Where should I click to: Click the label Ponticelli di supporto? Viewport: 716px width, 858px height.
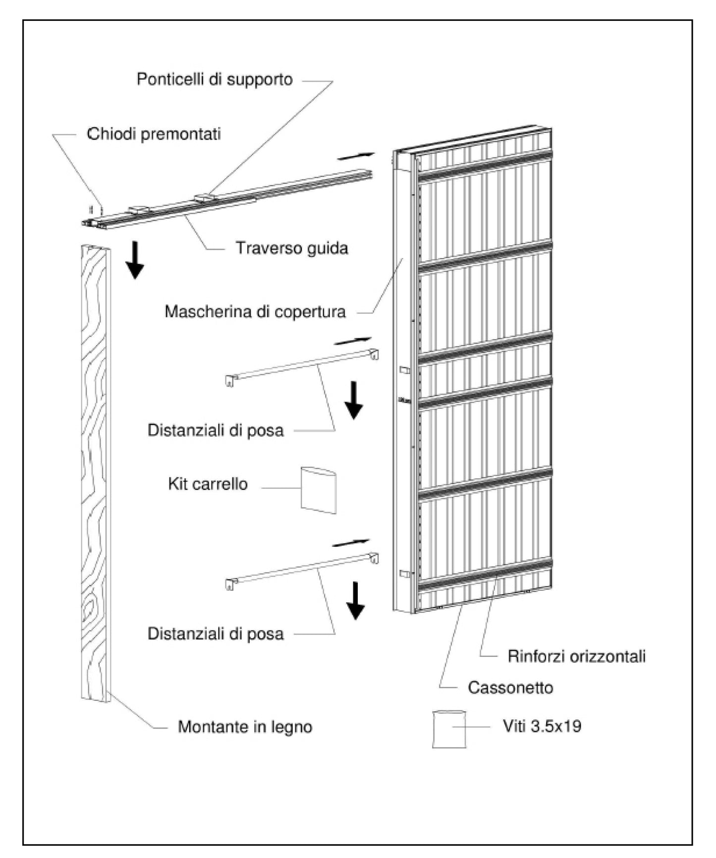click(215, 79)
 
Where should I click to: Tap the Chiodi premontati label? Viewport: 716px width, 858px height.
click(154, 134)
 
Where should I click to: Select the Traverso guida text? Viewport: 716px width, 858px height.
click(291, 248)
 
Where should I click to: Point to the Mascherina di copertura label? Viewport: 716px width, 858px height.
click(255, 312)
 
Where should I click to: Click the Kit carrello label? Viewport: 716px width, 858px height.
click(208, 484)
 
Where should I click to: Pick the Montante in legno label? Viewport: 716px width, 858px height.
click(245, 727)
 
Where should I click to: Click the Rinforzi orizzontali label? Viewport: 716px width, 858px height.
click(576, 656)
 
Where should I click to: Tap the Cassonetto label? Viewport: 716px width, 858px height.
click(510, 687)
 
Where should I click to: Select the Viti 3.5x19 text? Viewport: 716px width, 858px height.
click(542, 726)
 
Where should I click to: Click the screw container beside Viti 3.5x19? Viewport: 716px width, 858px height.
click(449, 729)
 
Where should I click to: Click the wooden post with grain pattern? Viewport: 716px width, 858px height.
click(95, 471)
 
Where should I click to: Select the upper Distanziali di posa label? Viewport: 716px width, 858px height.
click(216, 430)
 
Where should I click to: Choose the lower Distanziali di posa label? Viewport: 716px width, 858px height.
click(216, 633)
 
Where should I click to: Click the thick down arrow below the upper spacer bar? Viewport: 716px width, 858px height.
click(354, 400)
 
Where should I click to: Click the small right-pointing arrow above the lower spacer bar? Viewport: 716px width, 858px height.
click(351, 543)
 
